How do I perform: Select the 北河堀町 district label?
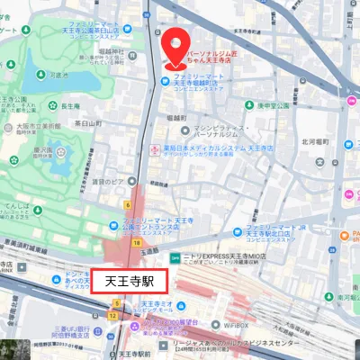[317, 141]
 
